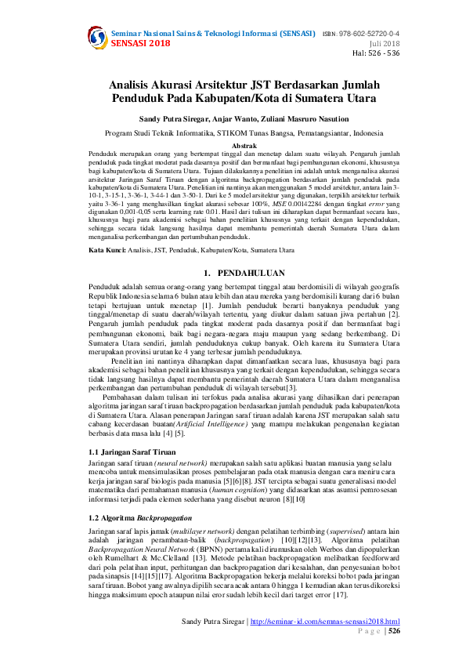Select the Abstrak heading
pyautogui.click(x=233, y=147)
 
